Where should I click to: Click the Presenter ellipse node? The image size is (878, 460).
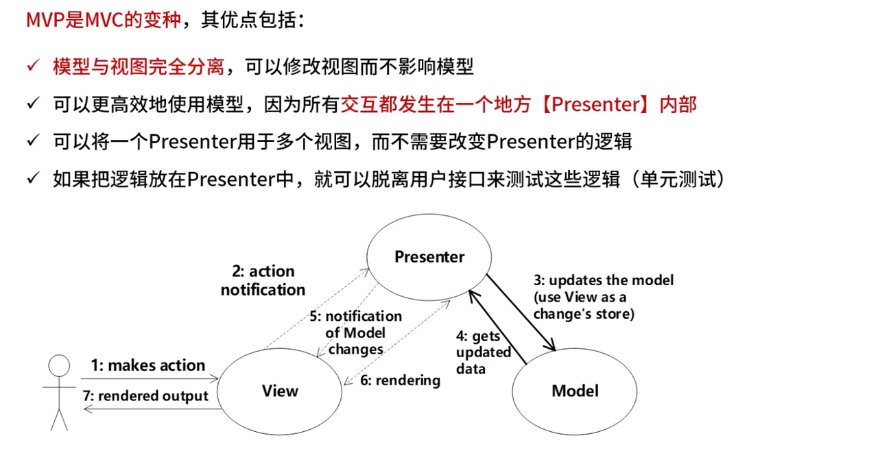point(429,257)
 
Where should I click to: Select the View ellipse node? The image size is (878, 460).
point(281,391)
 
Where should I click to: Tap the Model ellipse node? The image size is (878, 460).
point(575,391)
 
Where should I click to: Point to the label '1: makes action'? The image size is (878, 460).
point(148,365)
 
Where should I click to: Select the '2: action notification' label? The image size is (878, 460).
point(263,280)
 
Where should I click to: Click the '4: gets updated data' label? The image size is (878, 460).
point(483,352)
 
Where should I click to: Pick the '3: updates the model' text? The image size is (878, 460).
point(604,280)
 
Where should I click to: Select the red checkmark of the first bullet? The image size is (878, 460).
point(33,66)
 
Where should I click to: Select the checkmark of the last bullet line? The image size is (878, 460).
point(33,180)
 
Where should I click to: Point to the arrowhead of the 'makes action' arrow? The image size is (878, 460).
point(215,378)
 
